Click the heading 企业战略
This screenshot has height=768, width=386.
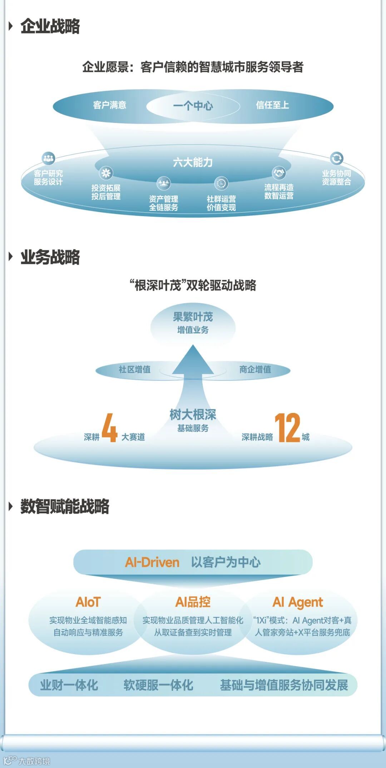pos(50,26)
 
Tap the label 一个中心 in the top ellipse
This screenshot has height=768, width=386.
pos(193,106)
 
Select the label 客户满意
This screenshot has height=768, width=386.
pos(110,105)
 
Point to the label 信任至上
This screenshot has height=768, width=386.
pos(272,105)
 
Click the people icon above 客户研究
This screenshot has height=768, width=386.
pos(48,158)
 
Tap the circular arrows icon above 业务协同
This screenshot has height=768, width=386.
pos(336,158)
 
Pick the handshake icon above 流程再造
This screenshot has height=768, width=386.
pos(279,173)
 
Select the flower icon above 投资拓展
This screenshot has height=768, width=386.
pos(106,173)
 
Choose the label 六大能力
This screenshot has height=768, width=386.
pos(193,163)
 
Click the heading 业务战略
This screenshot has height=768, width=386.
pos(50,257)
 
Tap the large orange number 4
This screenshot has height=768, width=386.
pos(110,428)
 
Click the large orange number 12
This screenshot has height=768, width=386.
pos(287,428)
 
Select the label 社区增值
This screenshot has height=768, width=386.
pos(135,369)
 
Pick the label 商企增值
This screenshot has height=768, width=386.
pos(255,369)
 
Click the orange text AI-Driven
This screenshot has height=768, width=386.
pos(152,563)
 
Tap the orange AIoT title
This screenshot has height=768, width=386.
pos(88,602)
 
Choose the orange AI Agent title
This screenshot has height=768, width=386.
pos(297,602)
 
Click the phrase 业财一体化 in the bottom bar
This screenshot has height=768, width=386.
pos(69,685)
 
